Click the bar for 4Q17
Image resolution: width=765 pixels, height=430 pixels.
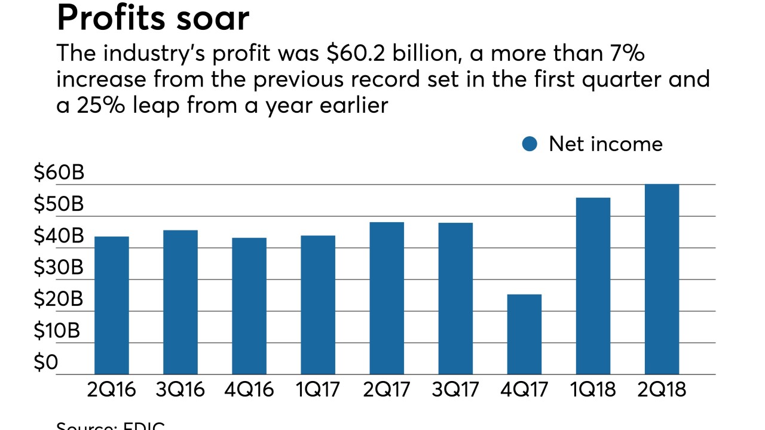pos(524,334)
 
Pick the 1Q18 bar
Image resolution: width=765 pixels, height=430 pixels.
pos(593,286)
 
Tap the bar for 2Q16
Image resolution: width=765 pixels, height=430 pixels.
pos(112,305)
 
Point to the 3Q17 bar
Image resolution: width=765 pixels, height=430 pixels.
pos(455,299)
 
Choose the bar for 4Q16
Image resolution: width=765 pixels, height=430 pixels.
pos(249,306)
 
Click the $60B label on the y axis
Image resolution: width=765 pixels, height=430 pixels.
pos(59,173)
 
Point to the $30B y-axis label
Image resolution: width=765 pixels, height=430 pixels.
pos(59,268)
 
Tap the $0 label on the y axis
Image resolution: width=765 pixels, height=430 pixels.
pos(45,363)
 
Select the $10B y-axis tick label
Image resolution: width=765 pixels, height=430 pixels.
pos(59,331)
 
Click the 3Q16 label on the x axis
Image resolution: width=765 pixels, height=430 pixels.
pos(180,390)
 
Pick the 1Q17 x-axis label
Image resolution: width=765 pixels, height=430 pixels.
pos(318,390)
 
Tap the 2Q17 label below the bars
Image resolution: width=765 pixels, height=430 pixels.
pos(387,390)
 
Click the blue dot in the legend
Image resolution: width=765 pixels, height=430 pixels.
pos(530,144)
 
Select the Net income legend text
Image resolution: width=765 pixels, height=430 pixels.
pos(605,144)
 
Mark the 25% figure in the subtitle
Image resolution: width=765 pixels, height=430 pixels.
pos(93,105)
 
